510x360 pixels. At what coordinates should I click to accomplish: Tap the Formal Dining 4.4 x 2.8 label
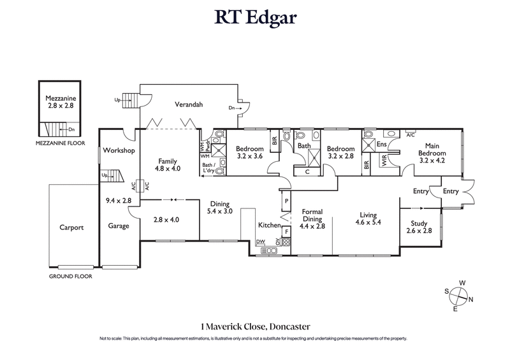click(314, 219)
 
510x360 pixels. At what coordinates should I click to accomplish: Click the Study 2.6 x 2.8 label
click(419, 227)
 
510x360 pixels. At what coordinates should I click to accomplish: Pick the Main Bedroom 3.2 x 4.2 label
click(432, 154)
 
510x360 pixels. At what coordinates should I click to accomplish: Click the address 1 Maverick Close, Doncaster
click(254, 325)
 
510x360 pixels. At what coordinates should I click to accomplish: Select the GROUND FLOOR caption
click(71, 277)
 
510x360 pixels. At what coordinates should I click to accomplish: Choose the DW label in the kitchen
click(259, 241)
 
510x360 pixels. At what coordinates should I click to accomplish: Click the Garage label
click(119, 226)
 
